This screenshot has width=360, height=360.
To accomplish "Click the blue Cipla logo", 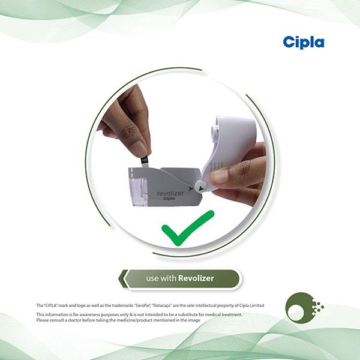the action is click(x=304, y=43).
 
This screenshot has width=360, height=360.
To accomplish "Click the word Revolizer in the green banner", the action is click(x=196, y=278).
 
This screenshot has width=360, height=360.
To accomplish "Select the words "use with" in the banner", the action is click(x=161, y=278).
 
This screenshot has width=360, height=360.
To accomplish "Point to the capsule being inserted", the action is click(x=145, y=161).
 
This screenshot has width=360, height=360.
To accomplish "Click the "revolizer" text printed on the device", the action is click(x=170, y=193).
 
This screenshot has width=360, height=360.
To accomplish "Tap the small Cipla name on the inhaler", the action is click(x=169, y=199).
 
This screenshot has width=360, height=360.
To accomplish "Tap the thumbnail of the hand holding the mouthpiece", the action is click(x=218, y=175).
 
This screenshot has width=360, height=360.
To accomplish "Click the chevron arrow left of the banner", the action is click(x=123, y=278).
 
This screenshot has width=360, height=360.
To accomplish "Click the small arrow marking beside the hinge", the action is click(x=190, y=189).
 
